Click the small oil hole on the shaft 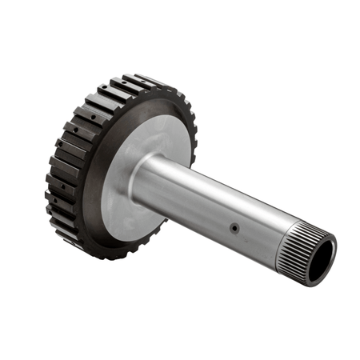click(x=234, y=229)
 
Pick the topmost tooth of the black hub click(x=144, y=80)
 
